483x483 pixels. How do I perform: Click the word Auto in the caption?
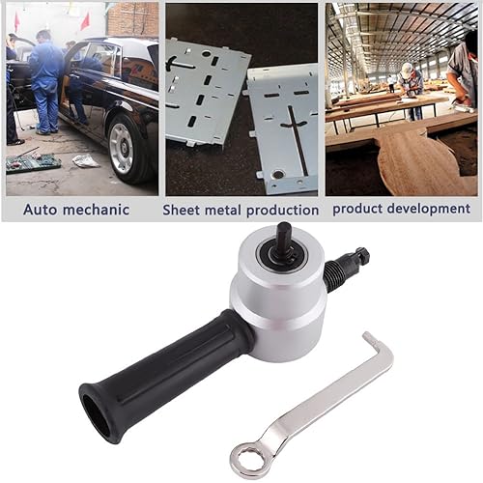(40, 210)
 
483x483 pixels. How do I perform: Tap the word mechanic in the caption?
(96, 210)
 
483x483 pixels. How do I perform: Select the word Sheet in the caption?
(182, 211)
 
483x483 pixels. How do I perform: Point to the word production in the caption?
(282, 211)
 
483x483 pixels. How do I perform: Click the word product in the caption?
(357, 210)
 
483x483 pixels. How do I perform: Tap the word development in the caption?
(429, 209)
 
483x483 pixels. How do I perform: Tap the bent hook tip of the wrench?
(367, 336)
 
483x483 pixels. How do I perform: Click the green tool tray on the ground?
(33, 162)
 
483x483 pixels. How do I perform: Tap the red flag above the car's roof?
(85, 20)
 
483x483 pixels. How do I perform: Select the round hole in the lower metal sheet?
(278, 174)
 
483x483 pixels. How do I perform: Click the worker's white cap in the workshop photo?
(408, 68)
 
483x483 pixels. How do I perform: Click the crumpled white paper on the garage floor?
(86, 160)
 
